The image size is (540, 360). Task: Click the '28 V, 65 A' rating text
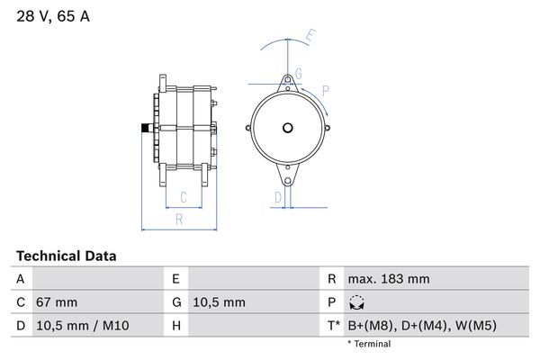coord(53,16)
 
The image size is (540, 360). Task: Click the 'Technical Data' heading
coord(67,256)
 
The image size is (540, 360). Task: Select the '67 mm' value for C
coord(56,302)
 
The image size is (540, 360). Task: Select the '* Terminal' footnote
coord(369,344)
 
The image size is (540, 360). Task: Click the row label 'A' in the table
coord(20,279)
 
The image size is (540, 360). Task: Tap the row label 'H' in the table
coord(176,326)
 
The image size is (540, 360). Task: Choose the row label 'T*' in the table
coord(334,326)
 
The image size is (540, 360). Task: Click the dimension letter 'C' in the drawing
coord(183,197)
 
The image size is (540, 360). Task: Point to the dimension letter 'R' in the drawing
coord(179,219)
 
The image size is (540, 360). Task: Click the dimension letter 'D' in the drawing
coord(278,196)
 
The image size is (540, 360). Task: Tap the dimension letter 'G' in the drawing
coord(298,73)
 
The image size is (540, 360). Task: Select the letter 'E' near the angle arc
coord(310,36)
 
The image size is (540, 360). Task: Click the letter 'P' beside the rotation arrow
coord(325,89)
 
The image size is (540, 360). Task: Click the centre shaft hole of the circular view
coord(288,127)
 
